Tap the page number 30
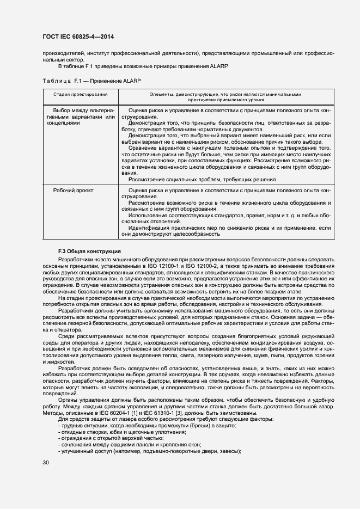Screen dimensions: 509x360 46,462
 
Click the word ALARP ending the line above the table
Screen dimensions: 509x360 218,66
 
